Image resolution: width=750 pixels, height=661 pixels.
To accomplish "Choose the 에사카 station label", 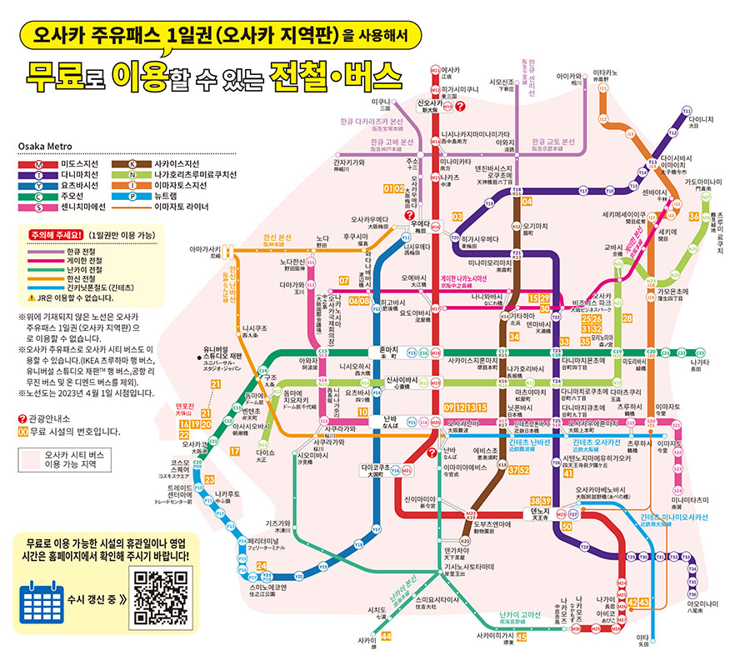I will pyautogui.click(x=451, y=72).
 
